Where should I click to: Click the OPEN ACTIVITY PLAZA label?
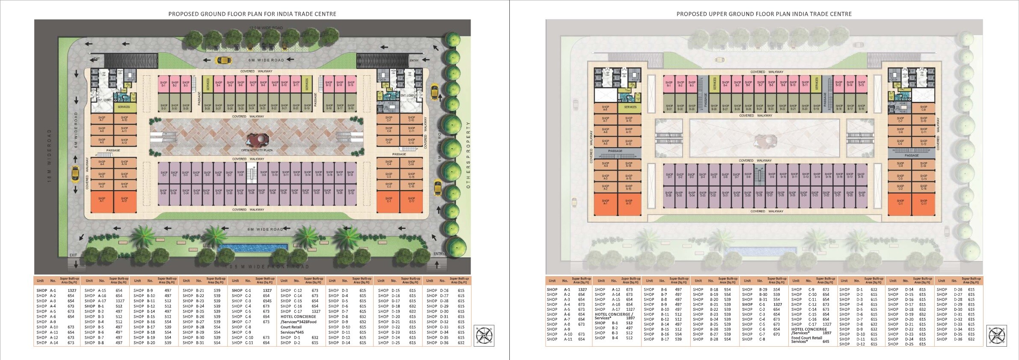click(x=257, y=150)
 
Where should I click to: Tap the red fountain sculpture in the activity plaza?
click(x=257, y=140)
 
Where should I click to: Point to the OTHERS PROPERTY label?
click(x=468, y=155)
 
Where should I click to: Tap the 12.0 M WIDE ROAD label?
click(x=266, y=28)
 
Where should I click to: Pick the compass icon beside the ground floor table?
click(x=484, y=336)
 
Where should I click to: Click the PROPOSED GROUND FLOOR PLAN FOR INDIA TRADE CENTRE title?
click(x=252, y=14)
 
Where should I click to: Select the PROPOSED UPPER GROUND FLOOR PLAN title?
click(x=764, y=14)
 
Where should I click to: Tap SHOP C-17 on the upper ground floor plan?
click(x=924, y=204)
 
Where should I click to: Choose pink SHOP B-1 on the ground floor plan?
click(x=163, y=84)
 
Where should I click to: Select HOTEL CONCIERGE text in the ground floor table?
click(x=298, y=317)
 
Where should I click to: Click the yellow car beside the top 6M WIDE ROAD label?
click(x=223, y=60)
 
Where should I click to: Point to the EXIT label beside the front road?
click(x=73, y=255)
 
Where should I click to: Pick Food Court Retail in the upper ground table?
click(x=807, y=338)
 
